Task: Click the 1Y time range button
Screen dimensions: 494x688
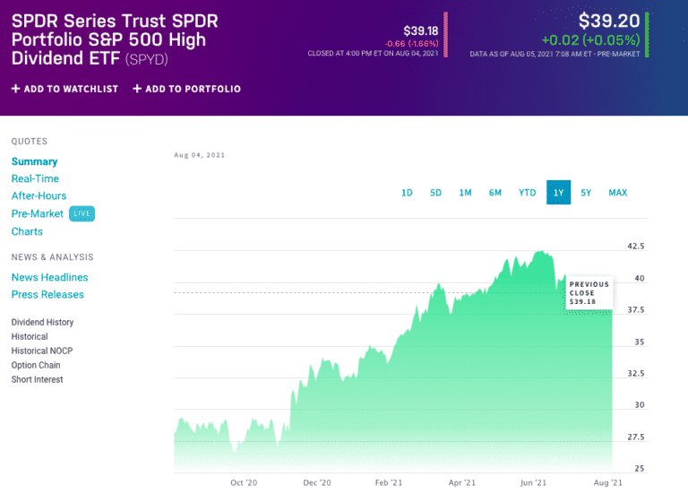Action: coord(558,193)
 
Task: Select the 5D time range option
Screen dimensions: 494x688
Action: coord(435,193)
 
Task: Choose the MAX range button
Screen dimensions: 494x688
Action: coord(617,193)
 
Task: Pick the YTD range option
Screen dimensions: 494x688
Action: coord(528,193)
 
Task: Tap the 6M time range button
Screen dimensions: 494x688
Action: coord(494,193)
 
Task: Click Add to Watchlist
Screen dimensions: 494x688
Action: coord(64,89)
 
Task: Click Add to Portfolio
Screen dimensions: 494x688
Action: coord(186,89)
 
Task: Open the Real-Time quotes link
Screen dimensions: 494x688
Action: coord(35,178)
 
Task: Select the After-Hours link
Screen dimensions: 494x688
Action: coord(39,195)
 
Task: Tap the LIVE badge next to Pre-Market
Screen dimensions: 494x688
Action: coord(82,213)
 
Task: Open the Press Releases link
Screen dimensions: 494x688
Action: coord(47,294)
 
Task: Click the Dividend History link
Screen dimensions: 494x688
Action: coord(42,322)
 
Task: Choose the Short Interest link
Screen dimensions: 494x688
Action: coord(37,379)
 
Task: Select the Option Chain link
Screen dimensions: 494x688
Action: coord(36,365)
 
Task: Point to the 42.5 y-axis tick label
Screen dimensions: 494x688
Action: coord(634,246)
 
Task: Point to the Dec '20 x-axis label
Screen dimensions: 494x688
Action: coord(316,482)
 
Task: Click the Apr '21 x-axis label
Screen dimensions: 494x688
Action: coord(462,482)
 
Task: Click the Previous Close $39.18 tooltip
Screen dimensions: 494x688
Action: coord(589,293)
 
